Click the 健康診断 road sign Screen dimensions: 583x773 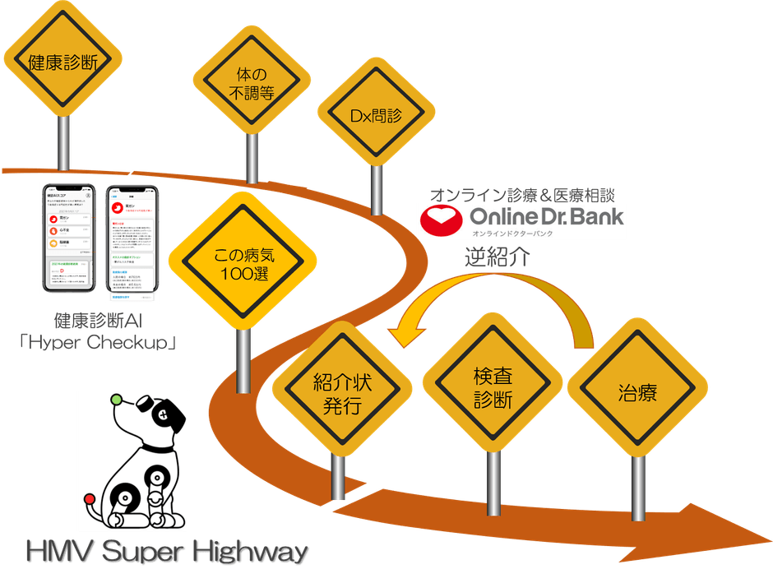(x=63, y=61)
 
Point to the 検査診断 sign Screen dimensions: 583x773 (x=493, y=388)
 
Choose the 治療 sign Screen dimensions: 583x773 (x=637, y=392)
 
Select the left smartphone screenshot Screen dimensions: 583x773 (x=71, y=237)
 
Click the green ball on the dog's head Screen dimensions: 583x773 (x=116, y=399)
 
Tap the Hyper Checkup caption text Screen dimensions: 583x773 (x=103, y=340)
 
